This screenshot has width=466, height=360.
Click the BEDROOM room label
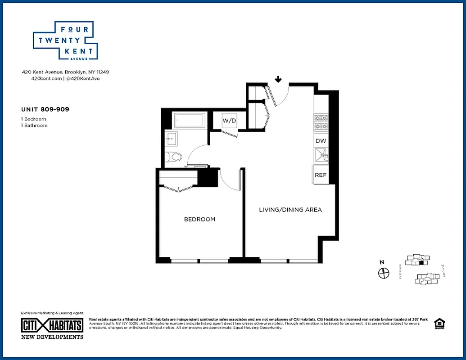(199, 220)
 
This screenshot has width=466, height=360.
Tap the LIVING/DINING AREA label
(290, 210)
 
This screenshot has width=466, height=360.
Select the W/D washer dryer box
(229, 121)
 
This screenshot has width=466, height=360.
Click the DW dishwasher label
(321, 141)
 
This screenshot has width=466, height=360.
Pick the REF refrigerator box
(321, 175)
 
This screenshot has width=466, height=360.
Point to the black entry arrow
(278, 80)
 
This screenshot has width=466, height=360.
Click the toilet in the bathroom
(174, 157)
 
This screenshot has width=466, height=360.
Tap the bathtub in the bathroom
(190, 121)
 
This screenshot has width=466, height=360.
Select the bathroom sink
(171, 138)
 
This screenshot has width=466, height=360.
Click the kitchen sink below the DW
(321, 156)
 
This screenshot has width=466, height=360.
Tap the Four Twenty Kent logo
(66, 40)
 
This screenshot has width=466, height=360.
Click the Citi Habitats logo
(52, 325)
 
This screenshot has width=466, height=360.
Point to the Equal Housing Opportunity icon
(439, 324)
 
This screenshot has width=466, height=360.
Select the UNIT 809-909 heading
(45, 109)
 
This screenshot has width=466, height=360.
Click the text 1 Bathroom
(34, 126)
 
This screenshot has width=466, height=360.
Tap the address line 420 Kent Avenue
(66, 72)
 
